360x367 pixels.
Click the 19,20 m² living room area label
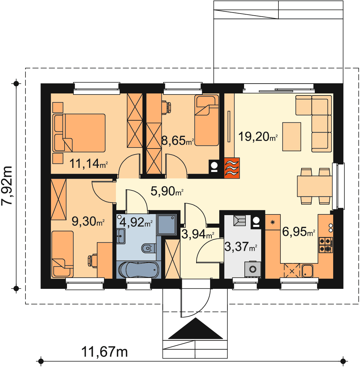click(x=258, y=137)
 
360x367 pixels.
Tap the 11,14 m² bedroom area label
click(x=89, y=163)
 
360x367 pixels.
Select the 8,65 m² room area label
click(x=178, y=141)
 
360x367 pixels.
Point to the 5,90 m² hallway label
click(x=167, y=191)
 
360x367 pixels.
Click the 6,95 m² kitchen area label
click(x=299, y=232)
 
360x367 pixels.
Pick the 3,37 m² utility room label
click(x=241, y=246)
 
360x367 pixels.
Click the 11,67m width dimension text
click(x=104, y=352)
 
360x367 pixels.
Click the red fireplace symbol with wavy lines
click(x=232, y=168)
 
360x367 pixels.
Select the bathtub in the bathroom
click(x=139, y=269)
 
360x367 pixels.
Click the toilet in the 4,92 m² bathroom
click(x=149, y=248)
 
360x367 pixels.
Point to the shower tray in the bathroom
click(x=167, y=225)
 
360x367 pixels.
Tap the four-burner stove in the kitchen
click(x=326, y=245)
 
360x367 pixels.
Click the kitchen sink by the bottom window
click(x=307, y=271)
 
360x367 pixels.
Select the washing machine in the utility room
click(x=253, y=269)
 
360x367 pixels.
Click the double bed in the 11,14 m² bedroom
click(x=79, y=133)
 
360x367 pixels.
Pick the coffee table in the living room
click(x=292, y=137)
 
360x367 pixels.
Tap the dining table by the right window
click(x=314, y=186)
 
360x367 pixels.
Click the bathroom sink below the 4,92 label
click(x=121, y=236)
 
